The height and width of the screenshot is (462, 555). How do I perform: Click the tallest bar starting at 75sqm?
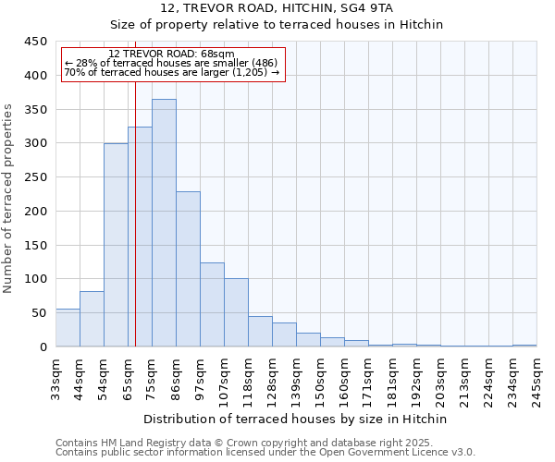[x=164, y=223]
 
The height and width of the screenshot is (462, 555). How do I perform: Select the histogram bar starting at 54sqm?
[x=116, y=245]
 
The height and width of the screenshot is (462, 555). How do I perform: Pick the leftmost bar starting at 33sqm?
[x=68, y=328]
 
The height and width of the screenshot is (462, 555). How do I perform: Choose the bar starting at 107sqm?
[x=236, y=312]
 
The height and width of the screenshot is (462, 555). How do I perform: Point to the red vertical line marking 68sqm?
[x=135, y=203]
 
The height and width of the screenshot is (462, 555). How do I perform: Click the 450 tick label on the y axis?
[x=36, y=42]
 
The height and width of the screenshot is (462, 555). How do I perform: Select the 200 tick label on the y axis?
[x=36, y=212]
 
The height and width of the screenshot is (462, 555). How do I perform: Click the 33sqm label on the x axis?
[x=55, y=379]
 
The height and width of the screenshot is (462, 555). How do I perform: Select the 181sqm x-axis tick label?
[x=392, y=379]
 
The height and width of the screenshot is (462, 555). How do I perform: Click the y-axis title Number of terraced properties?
[x=9, y=198]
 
